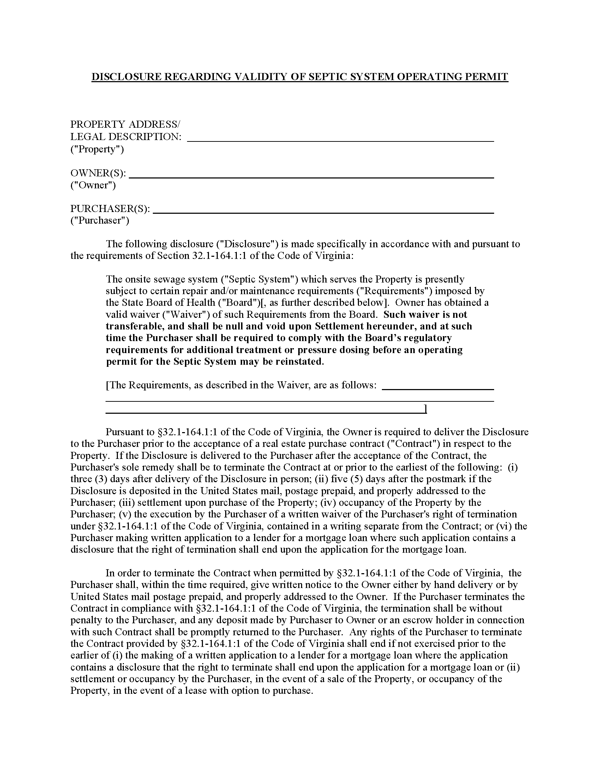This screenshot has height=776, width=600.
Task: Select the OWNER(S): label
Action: (98, 173)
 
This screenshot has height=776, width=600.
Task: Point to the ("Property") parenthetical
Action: (97, 149)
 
